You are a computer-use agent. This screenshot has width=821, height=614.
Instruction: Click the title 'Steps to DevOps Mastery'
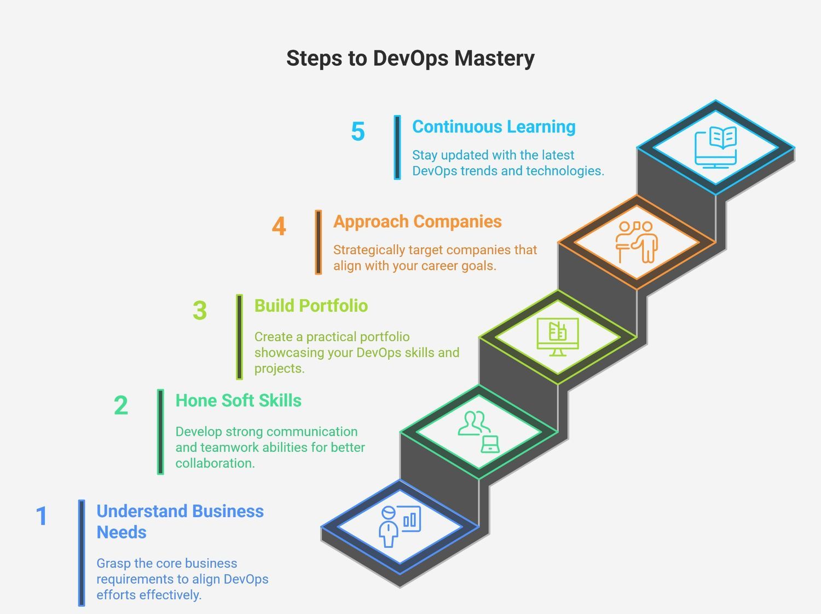tap(410, 59)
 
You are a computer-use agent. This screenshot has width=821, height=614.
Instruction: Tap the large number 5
tap(358, 131)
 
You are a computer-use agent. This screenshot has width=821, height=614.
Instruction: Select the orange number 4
tap(279, 226)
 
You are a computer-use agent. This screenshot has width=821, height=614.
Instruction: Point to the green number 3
tap(200, 311)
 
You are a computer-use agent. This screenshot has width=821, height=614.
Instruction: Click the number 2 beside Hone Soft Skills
tap(121, 405)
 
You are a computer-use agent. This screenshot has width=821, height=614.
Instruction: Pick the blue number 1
tap(42, 515)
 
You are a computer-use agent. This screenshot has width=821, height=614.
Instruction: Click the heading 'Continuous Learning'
tap(494, 127)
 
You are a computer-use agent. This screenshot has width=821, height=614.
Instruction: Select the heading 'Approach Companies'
tap(418, 221)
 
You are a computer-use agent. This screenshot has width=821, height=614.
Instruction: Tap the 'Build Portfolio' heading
tap(311, 306)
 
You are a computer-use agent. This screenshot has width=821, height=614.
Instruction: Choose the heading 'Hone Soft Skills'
tap(238, 400)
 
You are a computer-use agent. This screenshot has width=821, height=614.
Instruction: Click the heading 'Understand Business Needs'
tap(180, 521)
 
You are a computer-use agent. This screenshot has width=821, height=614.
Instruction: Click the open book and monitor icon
tap(715, 147)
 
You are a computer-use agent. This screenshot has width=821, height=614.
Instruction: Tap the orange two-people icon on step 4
tap(637, 242)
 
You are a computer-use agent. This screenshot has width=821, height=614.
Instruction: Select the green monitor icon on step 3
tap(558, 337)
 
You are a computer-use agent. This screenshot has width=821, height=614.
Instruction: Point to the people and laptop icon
tap(479, 432)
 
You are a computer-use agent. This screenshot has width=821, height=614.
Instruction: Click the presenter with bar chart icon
tap(400, 526)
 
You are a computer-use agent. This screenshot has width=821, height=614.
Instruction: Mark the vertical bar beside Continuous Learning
tap(397, 147)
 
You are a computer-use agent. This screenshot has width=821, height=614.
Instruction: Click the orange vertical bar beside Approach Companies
tap(319, 243)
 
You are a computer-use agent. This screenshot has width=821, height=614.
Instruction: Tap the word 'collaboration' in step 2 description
tap(215, 463)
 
